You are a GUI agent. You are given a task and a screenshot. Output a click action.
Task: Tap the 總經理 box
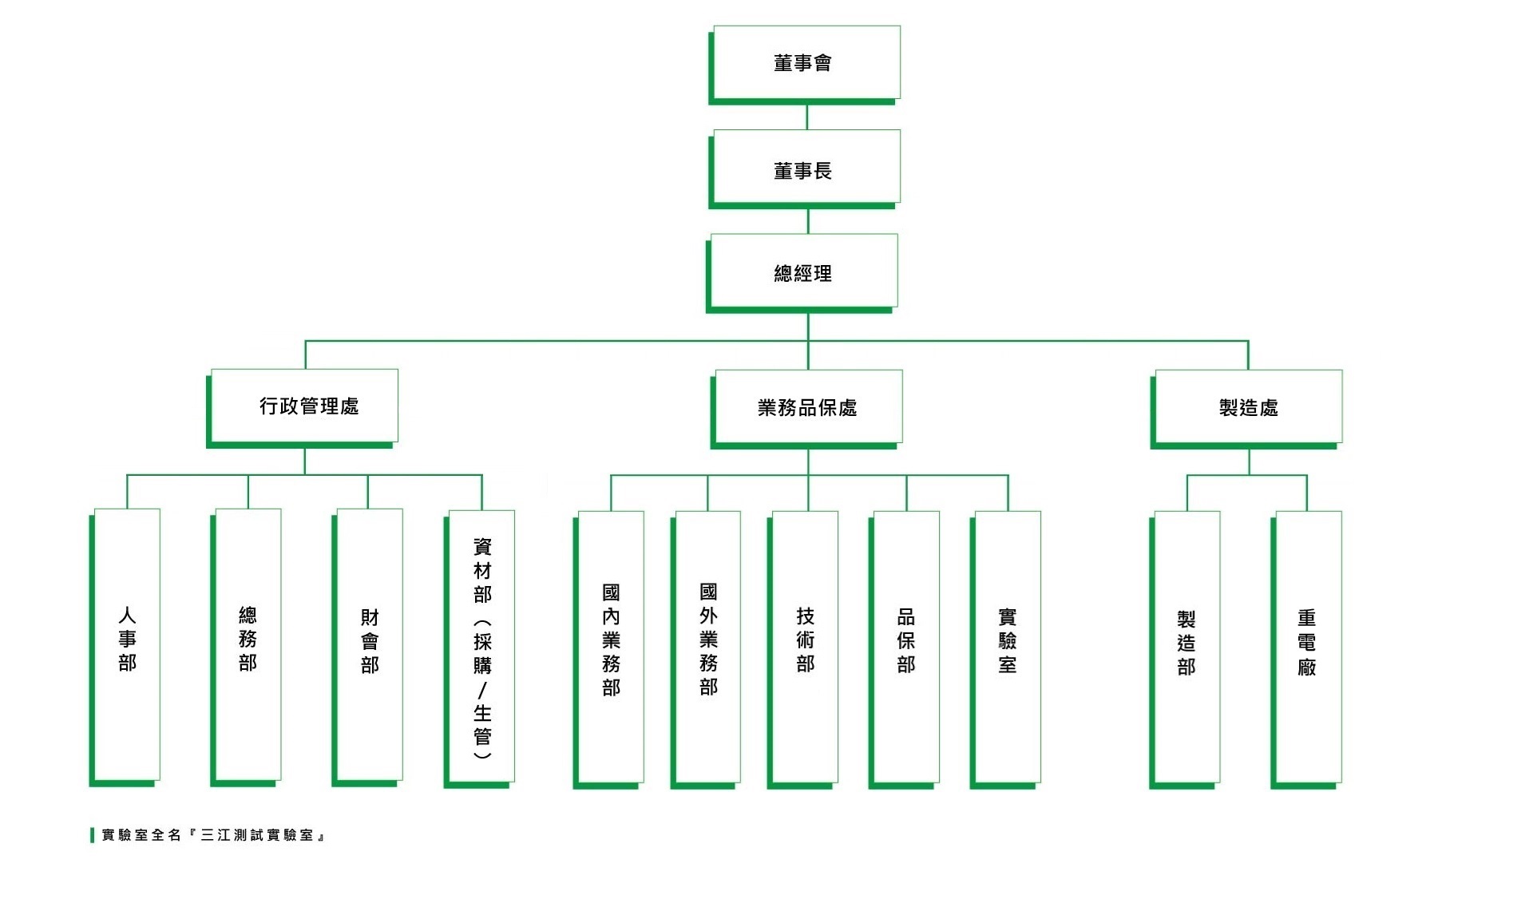click(804, 271)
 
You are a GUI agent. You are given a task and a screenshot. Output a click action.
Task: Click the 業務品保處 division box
click(808, 406)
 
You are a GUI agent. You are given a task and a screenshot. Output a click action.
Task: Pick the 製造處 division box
click(1248, 406)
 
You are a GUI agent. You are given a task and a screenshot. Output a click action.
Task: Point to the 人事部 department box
click(127, 644)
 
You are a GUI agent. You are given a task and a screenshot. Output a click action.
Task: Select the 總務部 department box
click(248, 644)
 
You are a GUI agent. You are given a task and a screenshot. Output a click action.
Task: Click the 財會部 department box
click(369, 644)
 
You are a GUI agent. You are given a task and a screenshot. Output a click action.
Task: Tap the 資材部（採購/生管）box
click(481, 645)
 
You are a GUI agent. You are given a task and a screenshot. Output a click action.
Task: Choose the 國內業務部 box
click(611, 646)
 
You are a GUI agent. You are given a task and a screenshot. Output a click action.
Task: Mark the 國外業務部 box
click(707, 646)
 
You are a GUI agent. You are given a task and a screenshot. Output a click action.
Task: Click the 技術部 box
click(805, 646)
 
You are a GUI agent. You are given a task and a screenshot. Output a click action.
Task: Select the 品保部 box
click(906, 646)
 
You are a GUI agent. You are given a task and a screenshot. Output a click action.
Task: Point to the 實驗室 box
click(1007, 646)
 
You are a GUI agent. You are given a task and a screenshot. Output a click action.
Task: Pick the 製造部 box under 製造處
click(1186, 646)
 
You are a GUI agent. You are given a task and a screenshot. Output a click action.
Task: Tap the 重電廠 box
click(1307, 646)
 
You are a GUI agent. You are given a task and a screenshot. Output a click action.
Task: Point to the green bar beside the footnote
click(93, 835)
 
